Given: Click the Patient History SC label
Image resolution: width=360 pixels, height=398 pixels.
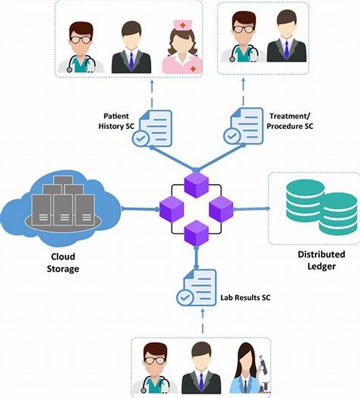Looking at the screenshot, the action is pyautogui.click(x=116, y=121).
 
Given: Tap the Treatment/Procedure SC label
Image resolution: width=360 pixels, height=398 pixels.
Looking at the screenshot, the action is pyautogui.click(x=290, y=121).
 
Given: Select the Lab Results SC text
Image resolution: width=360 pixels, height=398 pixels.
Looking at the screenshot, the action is pyautogui.click(x=245, y=297).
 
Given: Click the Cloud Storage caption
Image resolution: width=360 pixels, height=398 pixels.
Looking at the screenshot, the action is pyautogui.click(x=63, y=263).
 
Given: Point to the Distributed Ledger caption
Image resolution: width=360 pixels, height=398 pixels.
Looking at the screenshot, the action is pyautogui.click(x=322, y=260).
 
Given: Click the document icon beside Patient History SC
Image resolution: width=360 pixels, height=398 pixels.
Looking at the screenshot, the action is pyautogui.click(x=152, y=128).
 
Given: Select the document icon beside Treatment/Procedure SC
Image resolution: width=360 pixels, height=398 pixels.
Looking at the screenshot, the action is pyautogui.click(x=244, y=126).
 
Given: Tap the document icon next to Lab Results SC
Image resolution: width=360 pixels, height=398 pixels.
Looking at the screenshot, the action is pyautogui.click(x=197, y=288).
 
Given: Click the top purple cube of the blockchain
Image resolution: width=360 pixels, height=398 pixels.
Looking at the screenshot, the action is pyautogui.click(x=196, y=185).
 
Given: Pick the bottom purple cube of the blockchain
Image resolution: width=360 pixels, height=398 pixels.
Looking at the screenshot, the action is pyautogui.click(x=196, y=233).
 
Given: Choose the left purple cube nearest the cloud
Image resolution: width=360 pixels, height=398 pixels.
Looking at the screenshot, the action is pyautogui.click(x=172, y=209).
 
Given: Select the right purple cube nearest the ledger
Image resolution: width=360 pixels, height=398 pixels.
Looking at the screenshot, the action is pyautogui.click(x=221, y=209).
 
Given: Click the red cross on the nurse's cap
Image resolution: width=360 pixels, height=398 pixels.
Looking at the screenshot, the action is pyautogui.click(x=182, y=25).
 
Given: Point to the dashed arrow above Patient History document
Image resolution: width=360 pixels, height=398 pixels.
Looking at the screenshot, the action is pyautogui.click(x=152, y=94).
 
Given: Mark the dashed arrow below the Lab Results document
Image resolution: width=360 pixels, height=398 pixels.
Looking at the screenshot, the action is pyautogui.click(x=202, y=321).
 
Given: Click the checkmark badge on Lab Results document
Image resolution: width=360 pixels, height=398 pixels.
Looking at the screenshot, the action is pyautogui.click(x=185, y=297).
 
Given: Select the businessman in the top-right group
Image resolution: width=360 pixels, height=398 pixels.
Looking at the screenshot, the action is pyautogui.click(x=287, y=36).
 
